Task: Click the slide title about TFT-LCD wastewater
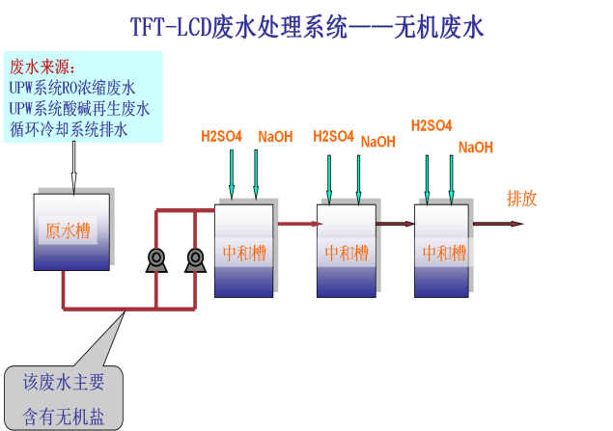tap(307, 26)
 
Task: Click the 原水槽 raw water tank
tap(71, 231)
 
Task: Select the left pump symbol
tap(155, 257)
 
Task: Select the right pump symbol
tap(195, 257)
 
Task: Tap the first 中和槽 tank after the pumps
tap(243, 252)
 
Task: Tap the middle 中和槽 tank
tap(346, 252)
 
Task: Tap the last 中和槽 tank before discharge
tap(442, 252)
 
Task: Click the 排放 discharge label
tap(521, 200)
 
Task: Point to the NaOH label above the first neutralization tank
tap(275, 136)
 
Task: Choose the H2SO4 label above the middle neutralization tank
tap(333, 136)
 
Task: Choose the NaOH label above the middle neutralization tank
tap(378, 142)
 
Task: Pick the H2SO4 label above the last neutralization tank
tap(431, 124)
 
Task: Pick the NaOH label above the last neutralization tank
tap(476, 148)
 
